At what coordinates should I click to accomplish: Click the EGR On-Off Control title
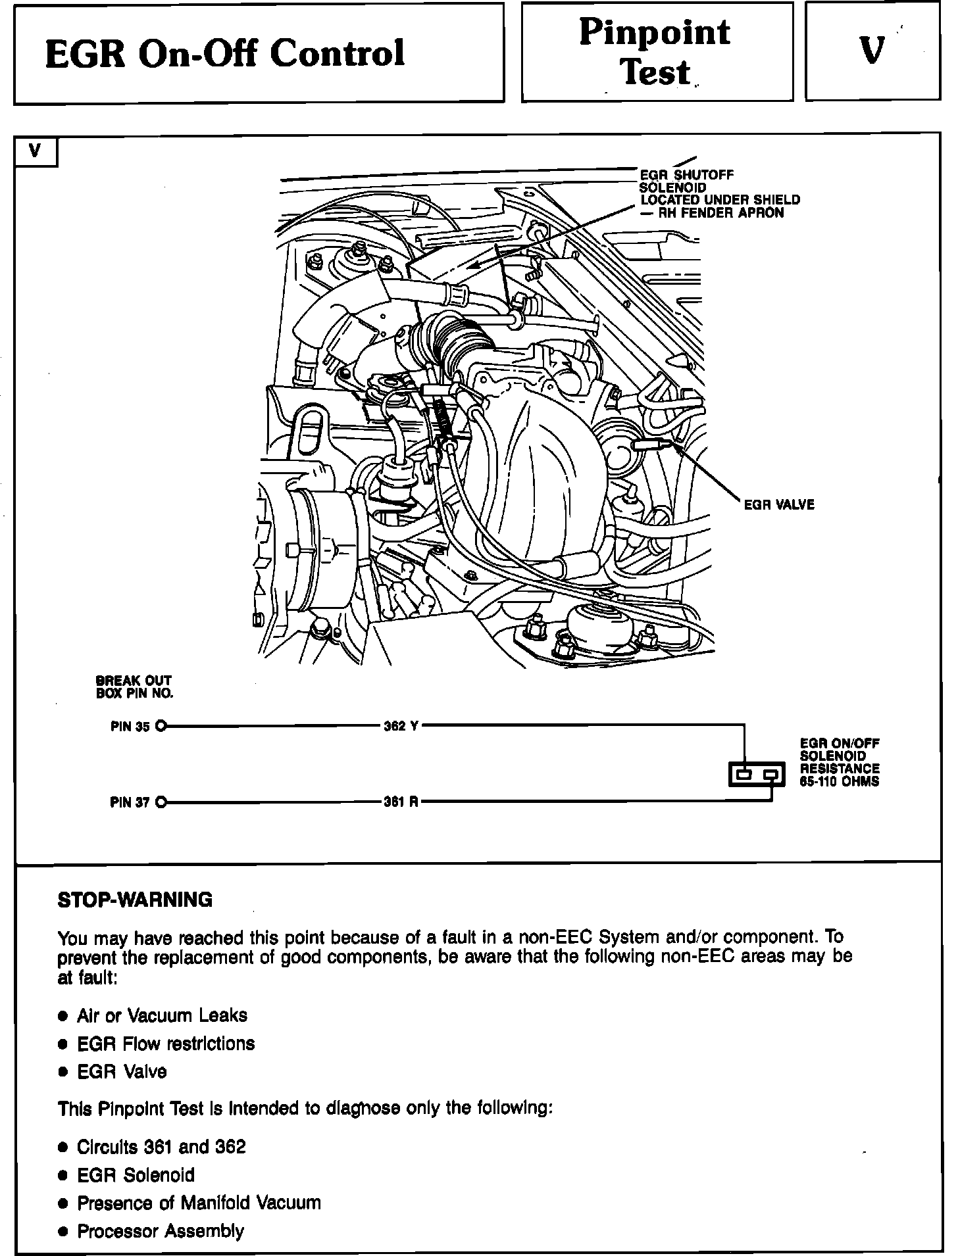pos(225,53)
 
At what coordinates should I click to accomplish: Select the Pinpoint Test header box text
pos(655,52)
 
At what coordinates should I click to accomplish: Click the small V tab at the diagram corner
pos(36,151)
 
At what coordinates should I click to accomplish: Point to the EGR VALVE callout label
pos(778,505)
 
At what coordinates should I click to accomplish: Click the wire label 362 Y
pos(401,727)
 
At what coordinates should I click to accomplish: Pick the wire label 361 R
pos(401,802)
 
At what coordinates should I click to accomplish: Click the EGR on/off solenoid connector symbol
pos(757,775)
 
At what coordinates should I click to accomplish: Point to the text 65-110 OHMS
pos(839,782)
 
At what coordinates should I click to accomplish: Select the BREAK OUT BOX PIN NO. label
pos(134,687)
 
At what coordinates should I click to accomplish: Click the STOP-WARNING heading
pos(136,900)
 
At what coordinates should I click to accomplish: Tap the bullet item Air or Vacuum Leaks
pos(162,1015)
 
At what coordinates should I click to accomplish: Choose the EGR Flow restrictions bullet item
pos(166,1044)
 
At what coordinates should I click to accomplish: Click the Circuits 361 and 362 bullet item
pos(161,1147)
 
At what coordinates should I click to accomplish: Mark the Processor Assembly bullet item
pos(161,1231)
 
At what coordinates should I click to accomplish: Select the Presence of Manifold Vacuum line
pos(199,1203)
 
